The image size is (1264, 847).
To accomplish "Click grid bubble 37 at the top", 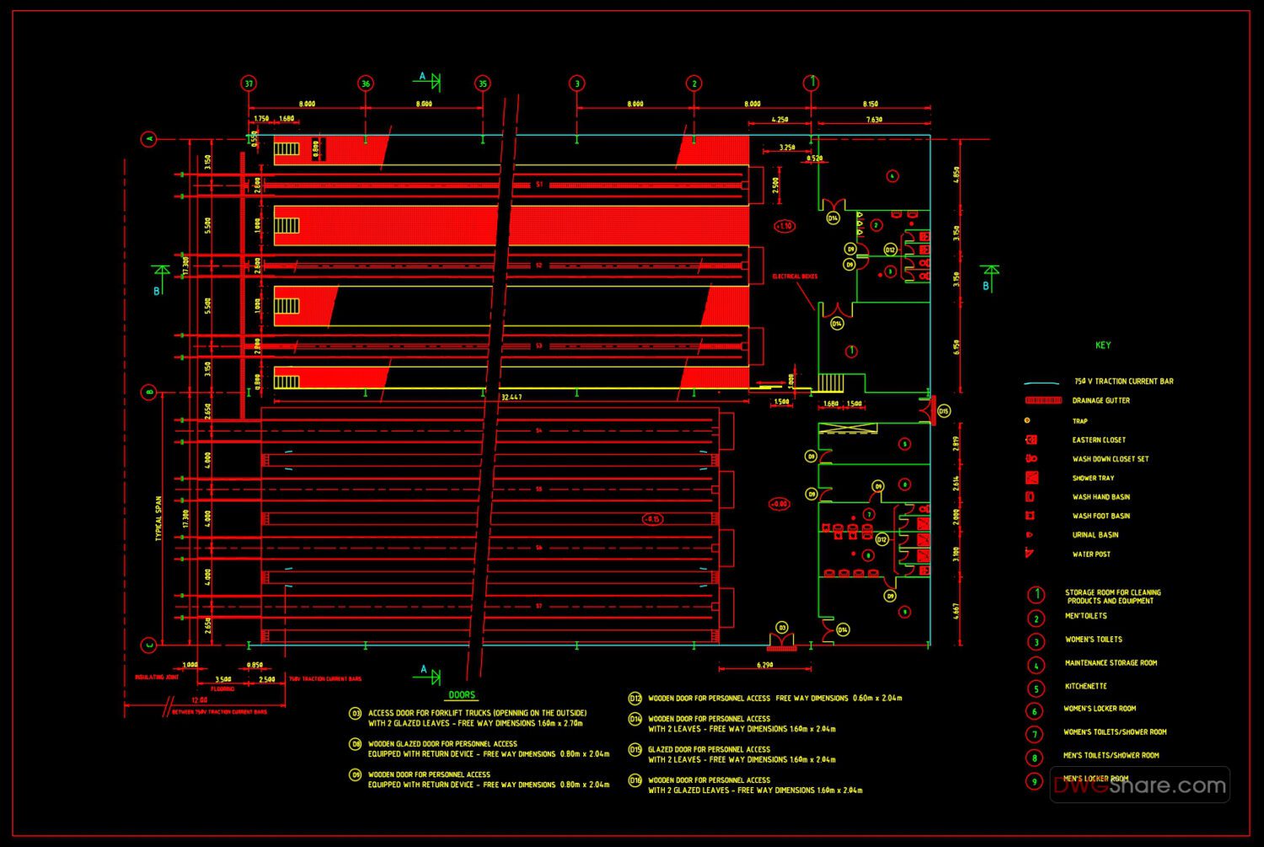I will click(x=248, y=83).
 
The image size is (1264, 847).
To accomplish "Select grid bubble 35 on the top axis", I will click(x=482, y=83).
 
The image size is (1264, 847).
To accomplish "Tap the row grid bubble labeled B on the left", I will click(x=149, y=392).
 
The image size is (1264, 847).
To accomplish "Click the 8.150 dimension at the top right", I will click(x=870, y=104).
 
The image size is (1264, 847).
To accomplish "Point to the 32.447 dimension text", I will click(x=511, y=396).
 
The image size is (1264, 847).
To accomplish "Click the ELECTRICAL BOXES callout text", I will click(x=795, y=276).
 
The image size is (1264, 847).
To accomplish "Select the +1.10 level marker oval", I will click(x=784, y=226).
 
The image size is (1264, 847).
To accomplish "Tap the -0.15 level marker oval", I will click(x=652, y=519).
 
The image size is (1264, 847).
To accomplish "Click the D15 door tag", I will click(x=944, y=411).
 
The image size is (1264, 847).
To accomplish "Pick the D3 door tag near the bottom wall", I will click(x=781, y=627).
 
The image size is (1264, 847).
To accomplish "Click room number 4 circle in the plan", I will click(x=892, y=176).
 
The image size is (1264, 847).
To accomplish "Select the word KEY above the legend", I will click(x=1103, y=345).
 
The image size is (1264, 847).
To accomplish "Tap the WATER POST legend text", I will click(x=1091, y=555).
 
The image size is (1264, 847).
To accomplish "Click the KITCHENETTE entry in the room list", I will click(x=1085, y=686).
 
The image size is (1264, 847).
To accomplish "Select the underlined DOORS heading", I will click(x=462, y=695).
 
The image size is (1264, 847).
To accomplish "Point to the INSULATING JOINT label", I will click(x=157, y=677).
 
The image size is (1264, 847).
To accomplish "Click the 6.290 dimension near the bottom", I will click(x=765, y=665).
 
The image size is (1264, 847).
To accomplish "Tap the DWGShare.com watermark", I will click(x=1140, y=785).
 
